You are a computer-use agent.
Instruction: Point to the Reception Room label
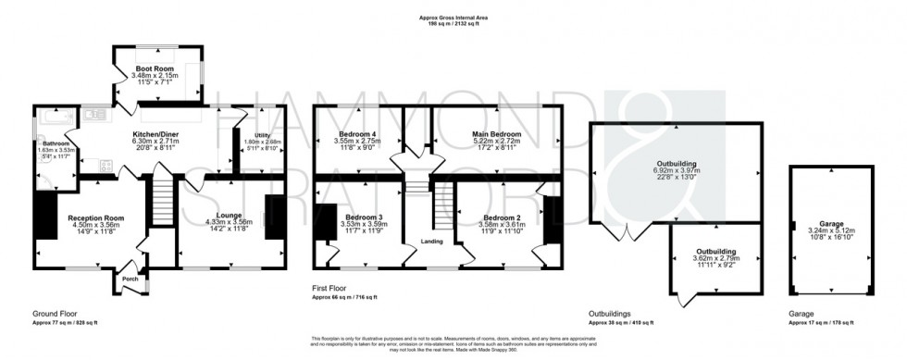point(95,218)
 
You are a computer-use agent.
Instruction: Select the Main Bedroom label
point(496,134)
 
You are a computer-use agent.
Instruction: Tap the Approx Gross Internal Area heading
point(453,16)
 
